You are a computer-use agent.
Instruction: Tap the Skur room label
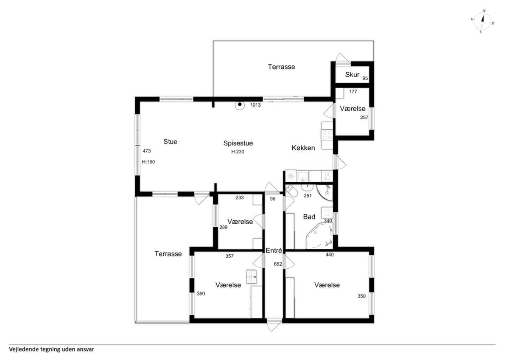point(352,75)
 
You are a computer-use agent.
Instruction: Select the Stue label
point(170,142)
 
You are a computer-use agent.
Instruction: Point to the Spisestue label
point(238,143)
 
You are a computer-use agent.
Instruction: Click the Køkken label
point(303,148)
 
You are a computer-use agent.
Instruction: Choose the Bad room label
point(309,217)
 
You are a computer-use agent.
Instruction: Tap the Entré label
point(274,250)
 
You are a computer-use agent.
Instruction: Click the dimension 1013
point(255,105)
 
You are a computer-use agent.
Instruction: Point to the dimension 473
point(147,151)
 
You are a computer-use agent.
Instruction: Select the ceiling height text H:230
point(238,152)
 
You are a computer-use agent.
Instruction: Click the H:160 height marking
point(148,162)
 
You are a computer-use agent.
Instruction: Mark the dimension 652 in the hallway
point(278,264)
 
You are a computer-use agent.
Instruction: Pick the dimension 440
point(330,255)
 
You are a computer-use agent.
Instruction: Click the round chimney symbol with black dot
point(240,105)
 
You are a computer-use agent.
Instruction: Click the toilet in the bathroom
point(292,191)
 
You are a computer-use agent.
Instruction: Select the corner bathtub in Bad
point(319,236)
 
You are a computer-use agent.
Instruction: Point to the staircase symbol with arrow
point(251,276)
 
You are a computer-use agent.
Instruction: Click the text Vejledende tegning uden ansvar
point(52,349)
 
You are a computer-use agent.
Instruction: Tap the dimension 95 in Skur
point(365,79)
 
